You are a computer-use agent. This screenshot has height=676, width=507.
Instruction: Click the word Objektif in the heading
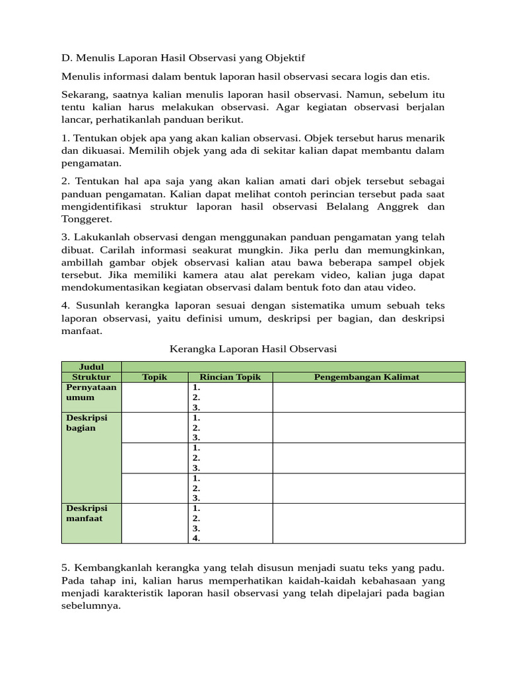tap(286, 59)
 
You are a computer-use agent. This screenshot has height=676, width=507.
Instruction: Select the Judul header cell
tap(92, 366)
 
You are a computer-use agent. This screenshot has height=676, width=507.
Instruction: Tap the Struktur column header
tap(92, 377)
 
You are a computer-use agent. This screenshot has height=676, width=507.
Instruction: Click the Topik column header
tap(155, 377)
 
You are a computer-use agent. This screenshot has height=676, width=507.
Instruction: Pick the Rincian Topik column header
tap(230, 377)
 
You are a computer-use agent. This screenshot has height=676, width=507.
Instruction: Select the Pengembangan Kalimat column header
tap(369, 377)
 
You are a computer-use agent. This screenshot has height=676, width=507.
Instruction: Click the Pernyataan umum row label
tap(91, 392)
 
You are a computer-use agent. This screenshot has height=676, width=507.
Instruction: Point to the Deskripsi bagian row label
tap(86, 422)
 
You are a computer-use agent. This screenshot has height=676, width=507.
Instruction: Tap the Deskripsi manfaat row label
tap(86, 513)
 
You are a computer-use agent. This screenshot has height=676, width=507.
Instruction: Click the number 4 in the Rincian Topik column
tap(196, 538)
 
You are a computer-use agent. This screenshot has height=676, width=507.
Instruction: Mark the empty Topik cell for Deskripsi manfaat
tap(155, 523)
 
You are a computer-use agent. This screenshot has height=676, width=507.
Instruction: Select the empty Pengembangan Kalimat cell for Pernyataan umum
tap(369, 397)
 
